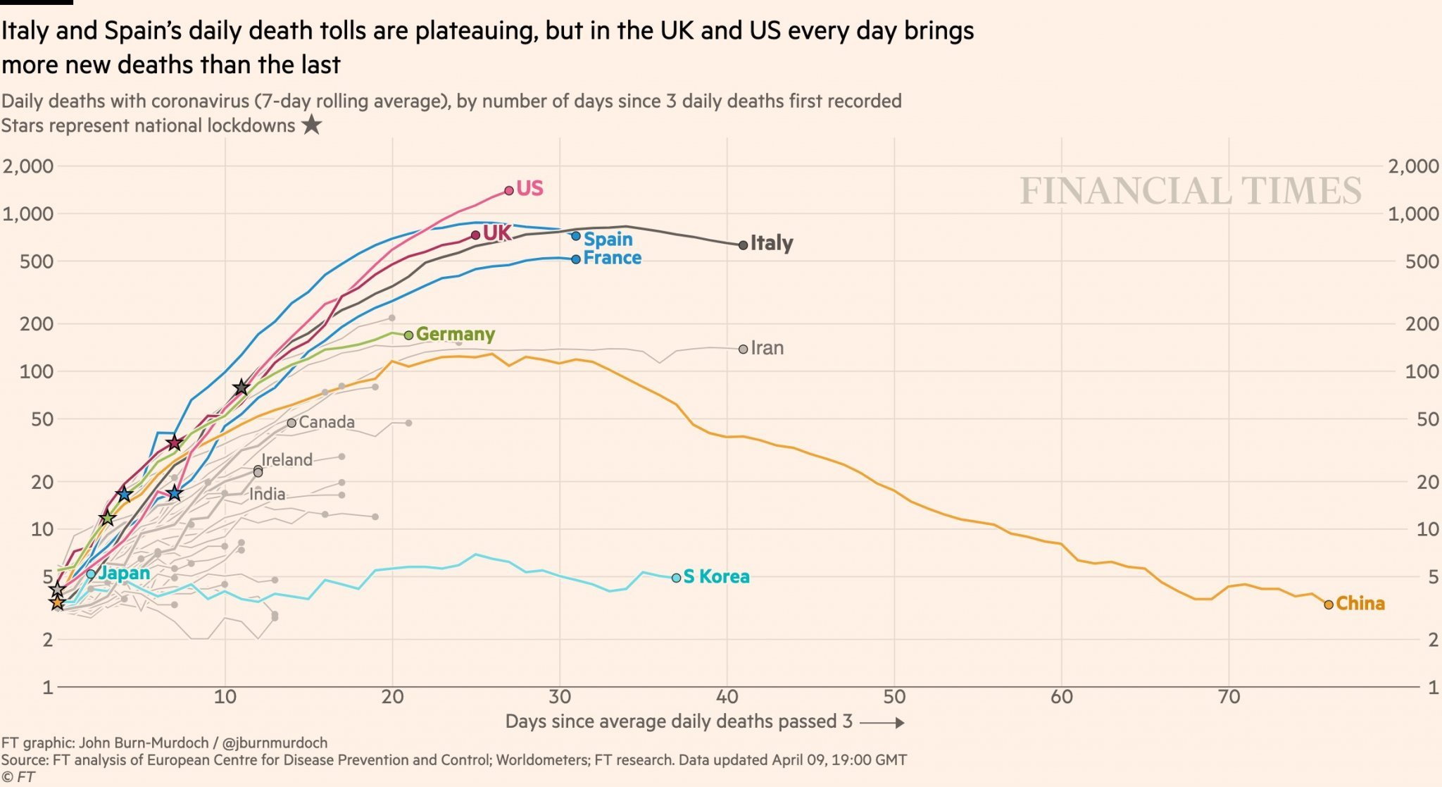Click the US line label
pyautogui.click(x=529, y=188)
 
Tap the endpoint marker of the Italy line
pyautogui.click(x=743, y=245)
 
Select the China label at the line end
pyautogui.click(x=1360, y=603)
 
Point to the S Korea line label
pyautogui.click(x=716, y=576)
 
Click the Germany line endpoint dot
pyautogui.click(x=408, y=335)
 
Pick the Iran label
pyautogui.click(x=767, y=348)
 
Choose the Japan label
pyautogui.click(x=124, y=573)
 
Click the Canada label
pyautogui.click(x=327, y=422)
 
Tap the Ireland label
pyautogui.click(x=287, y=459)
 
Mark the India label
pyautogui.click(x=267, y=494)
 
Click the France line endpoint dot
pyautogui.click(x=576, y=259)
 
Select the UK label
pyautogui.click(x=497, y=233)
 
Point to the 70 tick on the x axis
pyautogui.click(x=1229, y=697)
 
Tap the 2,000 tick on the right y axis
pyautogui.click(x=1412, y=166)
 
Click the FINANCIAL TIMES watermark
pyautogui.click(x=1191, y=191)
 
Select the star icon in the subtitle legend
pyautogui.click(x=311, y=125)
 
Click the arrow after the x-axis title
pyautogui.click(x=882, y=723)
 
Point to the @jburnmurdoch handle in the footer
pyautogui.click(x=275, y=743)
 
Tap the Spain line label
pyautogui.click(x=608, y=240)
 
